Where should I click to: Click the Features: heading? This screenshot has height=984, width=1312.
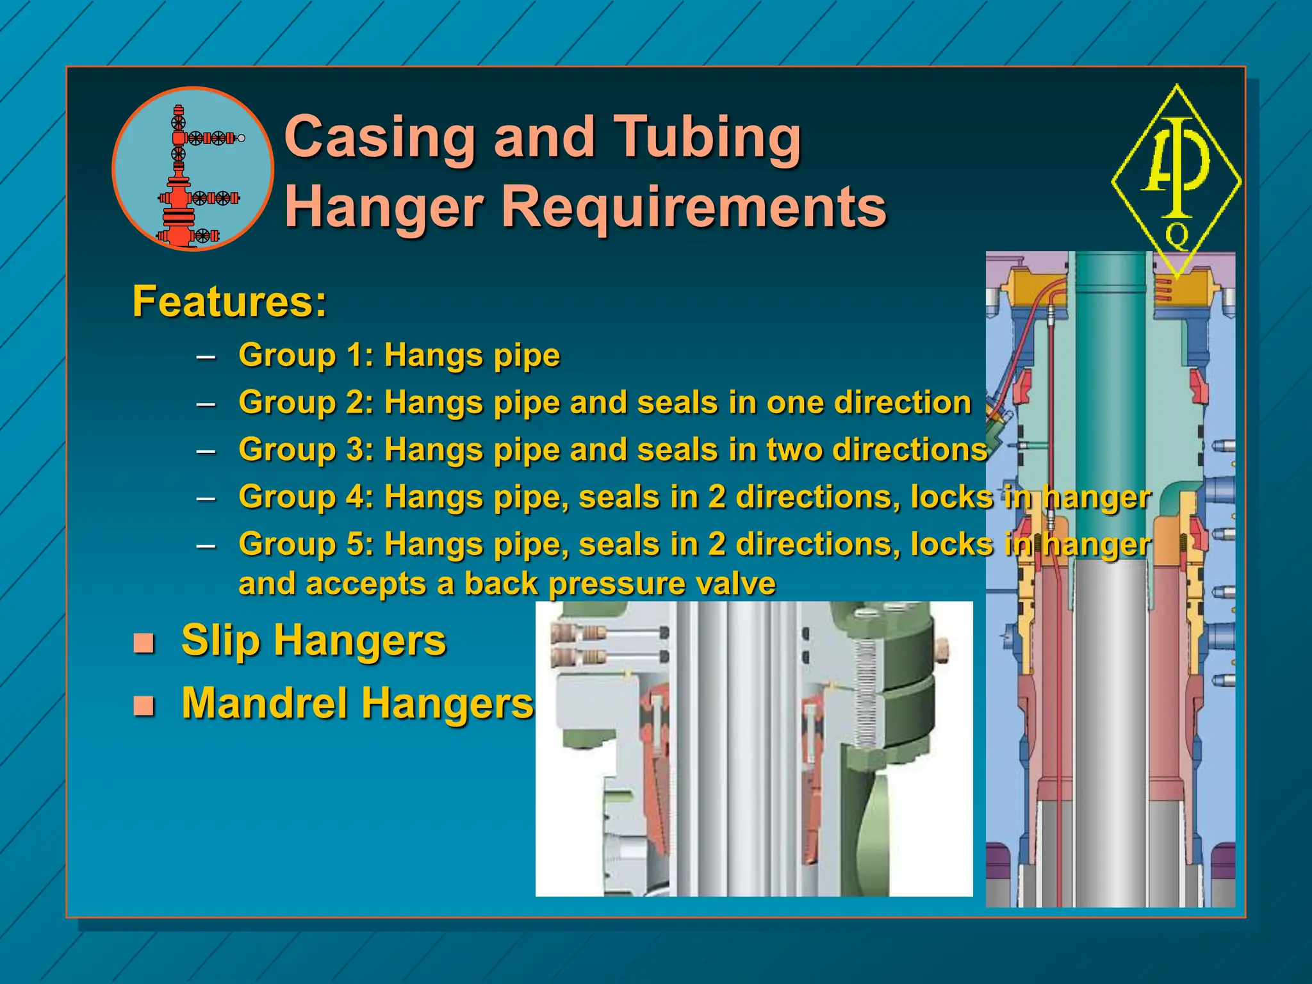229,302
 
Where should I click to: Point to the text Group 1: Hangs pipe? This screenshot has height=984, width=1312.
399,355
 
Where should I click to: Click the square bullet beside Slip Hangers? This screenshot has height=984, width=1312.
144,643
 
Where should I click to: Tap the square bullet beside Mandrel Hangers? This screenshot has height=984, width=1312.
144,705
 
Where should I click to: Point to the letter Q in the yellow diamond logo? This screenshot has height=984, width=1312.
1177,235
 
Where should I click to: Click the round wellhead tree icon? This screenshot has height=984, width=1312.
193,168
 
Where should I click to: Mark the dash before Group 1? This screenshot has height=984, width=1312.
206,356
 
